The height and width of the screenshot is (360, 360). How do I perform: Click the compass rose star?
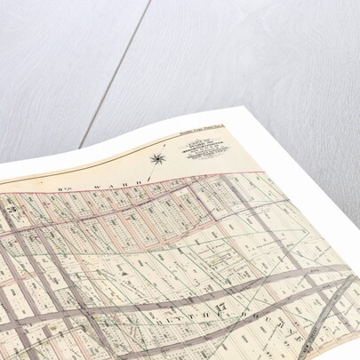click(x=157, y=159)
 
